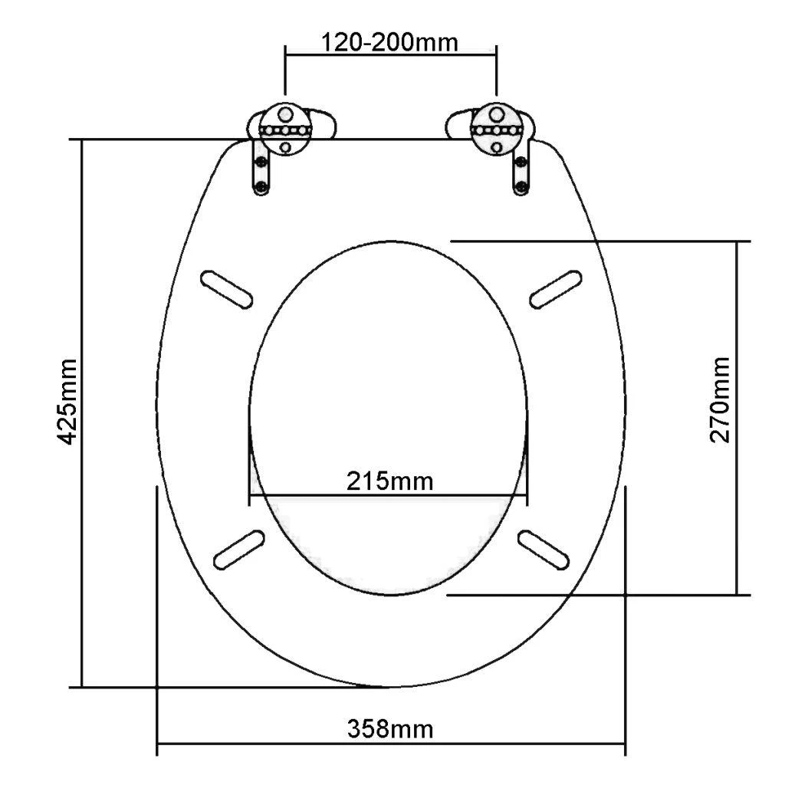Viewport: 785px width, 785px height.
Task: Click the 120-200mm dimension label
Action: tap(389, 43)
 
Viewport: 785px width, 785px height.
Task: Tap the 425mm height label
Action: tap(67, 402)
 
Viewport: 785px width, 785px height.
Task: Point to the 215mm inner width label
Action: tap(390, 481)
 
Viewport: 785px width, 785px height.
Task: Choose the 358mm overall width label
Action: tap(390, 729)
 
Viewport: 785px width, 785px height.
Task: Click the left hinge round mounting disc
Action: tap(285, 129)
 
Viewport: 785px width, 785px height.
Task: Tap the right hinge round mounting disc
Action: tap(497, 129)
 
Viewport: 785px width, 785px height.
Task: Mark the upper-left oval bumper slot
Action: tap(226, 289)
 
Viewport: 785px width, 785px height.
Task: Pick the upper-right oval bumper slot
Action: tap(556, 289)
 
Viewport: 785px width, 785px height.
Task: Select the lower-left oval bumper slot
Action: tap(239, 550)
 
